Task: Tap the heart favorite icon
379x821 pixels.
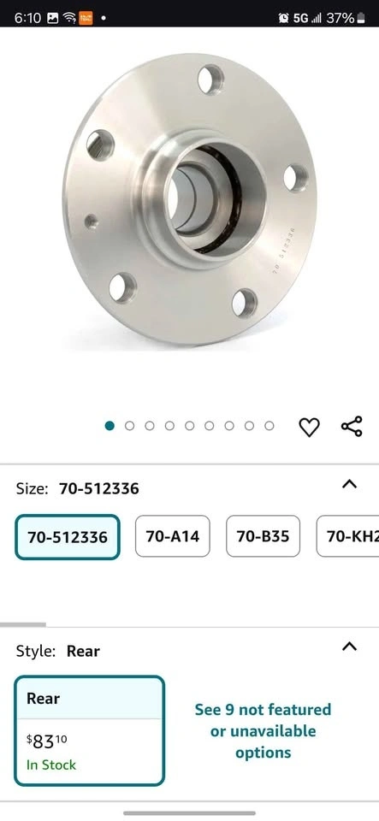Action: coord(309,427)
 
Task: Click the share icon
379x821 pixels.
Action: coord(352,426)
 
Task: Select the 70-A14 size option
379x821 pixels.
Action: coord(173,536)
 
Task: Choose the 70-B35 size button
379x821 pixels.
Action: coord(263,536)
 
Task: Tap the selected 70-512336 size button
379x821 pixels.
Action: coord(68,537)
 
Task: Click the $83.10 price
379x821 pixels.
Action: coord(46,741)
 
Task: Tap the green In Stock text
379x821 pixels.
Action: coord(51,765)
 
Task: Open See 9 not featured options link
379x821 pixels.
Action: coord(263,731)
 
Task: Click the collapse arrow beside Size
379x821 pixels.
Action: coord(349,484)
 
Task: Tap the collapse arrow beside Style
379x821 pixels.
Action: coord(349,647)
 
